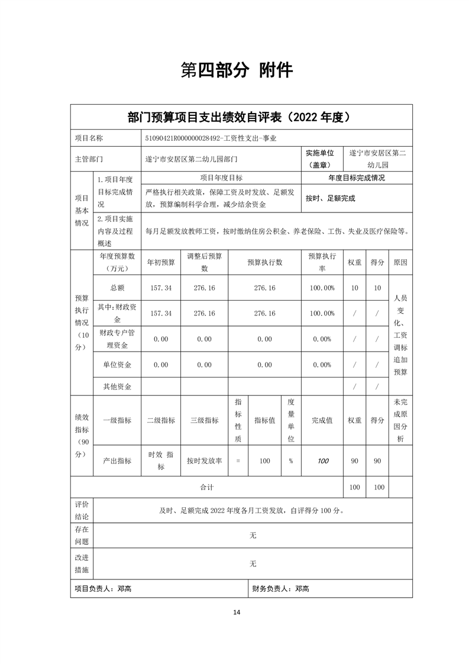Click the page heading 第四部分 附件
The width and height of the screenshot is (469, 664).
coord(236,70)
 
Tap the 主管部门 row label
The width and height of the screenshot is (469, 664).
coord(89,159)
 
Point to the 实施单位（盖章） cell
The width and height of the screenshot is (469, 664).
coord(319,159)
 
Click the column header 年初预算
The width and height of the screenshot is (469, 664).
coord(161,262)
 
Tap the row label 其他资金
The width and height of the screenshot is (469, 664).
coord(117,386)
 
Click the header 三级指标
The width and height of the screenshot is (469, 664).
coord(204,420)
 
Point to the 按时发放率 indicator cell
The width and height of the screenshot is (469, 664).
coord(204,460)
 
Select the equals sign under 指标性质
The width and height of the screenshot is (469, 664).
coord(238,460)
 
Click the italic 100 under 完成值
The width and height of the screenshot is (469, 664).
coord(322,460)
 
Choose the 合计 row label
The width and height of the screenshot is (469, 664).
coord(206,487)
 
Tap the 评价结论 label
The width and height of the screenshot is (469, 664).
coord(82,510)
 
